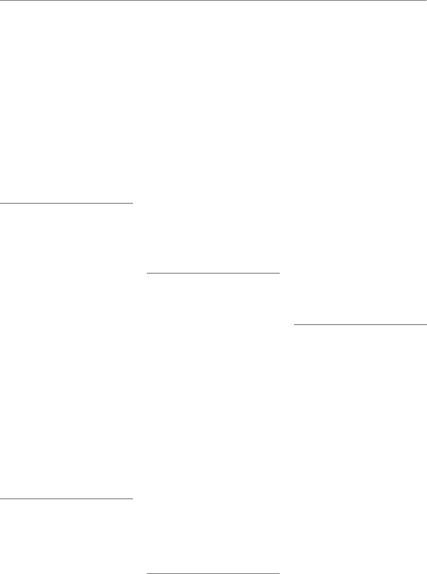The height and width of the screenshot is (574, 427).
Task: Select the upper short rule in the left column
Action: coord(66,203)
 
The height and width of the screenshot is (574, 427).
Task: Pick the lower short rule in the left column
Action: coord(66,499)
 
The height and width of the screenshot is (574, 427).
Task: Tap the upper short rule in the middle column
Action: coord(213,273)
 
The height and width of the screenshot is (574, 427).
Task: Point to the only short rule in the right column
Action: coord(361,324)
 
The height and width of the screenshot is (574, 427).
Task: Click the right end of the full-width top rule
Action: coord(426,0)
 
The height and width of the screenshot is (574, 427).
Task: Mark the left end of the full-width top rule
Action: coord(0,0)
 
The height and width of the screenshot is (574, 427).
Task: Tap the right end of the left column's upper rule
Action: coord(132,203)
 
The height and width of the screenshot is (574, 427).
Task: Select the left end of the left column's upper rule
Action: coord(0,203)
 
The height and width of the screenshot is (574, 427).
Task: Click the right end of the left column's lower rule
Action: coord(132,499)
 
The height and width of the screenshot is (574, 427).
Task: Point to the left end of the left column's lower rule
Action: coord(0,499)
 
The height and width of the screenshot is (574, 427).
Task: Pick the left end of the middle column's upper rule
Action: coord(148,273)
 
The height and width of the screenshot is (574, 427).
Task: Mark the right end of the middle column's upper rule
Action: coord(279,273)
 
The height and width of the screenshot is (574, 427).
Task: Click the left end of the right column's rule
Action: coord(295,324)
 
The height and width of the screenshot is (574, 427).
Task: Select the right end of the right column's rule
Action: coord(426,324)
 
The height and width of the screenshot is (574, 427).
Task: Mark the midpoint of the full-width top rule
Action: coord(213,0)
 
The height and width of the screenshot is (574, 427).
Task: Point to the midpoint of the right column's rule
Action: coord(361,324)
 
